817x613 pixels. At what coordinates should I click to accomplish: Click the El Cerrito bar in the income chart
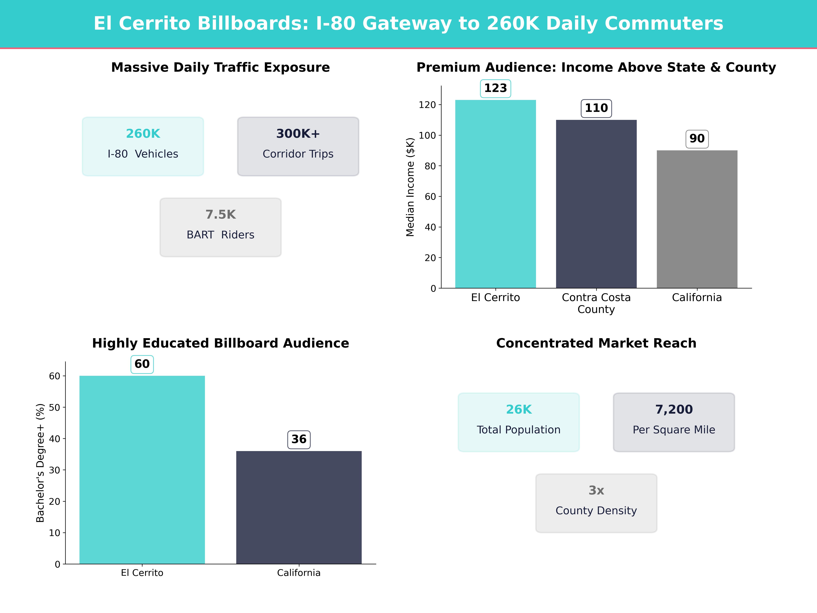click(x=495, y=194)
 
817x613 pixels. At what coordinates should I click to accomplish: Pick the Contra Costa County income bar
click(x=596, y=204)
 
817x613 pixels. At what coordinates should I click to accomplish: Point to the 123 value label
click(x=495, y=88)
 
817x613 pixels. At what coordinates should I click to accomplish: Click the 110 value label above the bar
click(x=596, y=108)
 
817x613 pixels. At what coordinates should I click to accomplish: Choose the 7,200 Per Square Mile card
click(x=674, y=422)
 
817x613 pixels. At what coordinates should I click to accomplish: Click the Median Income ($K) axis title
click(x=410, y=187)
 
